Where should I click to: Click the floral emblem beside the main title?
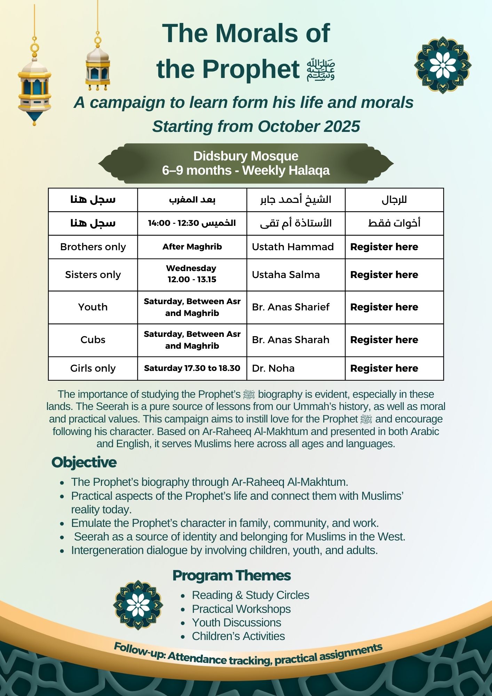[x=443, y=65]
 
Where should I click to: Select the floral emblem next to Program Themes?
[x=138, y=605]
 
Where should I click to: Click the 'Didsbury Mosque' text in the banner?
[x=246, y=156]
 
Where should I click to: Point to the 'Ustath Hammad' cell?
[x=293, y=247]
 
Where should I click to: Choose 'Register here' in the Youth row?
[x=384, y=307]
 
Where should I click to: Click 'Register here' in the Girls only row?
[x=384, y=368]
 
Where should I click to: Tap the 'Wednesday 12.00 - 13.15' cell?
[x=192, y=274]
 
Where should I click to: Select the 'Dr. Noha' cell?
[x=273, y=368]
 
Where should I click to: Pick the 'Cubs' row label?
[x=93, y=340]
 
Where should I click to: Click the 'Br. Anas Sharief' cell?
[x=291, y=307]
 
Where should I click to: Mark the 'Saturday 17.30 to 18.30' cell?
[x=192, y=368]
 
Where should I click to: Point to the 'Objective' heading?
[x=84, y=462]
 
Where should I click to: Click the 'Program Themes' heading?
[x=231, y=576]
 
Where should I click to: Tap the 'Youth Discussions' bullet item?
[x=237, y=623]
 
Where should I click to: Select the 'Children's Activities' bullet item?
[x=238, y=636]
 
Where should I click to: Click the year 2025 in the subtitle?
[x=342, y=126]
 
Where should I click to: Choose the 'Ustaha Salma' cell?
[x=286, y=275]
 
